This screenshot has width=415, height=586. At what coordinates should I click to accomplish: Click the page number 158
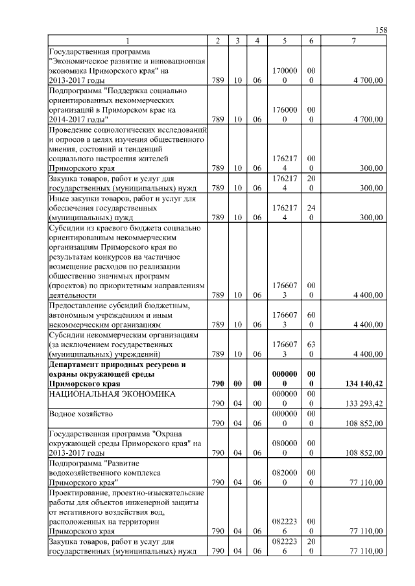[x=382, y=30]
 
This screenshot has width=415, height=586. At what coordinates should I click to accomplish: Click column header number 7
[x=353, y=41]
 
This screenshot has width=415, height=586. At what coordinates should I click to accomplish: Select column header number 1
[x=128, y=41]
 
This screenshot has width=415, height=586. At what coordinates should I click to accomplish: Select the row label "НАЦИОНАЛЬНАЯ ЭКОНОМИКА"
[x=104, y=394]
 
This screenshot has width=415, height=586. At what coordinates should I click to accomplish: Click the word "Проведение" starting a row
[x=71, y=130]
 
